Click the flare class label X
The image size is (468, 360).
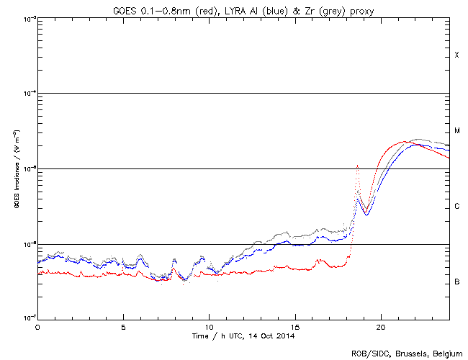(456, 55)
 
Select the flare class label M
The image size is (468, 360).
(456, 131)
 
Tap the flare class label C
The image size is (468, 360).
(456, 207)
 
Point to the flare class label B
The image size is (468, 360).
(456, 282)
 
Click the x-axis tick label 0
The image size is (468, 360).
(37, 326)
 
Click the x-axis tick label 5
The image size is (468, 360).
(123, 326)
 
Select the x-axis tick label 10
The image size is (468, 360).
(209, 326)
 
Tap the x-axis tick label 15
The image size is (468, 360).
(294, 326)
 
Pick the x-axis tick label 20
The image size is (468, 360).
(380, 326)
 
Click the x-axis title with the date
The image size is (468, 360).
(243, 336)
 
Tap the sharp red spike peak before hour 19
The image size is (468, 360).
(358, 166)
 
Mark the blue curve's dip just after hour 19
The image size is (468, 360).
(366, 215)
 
